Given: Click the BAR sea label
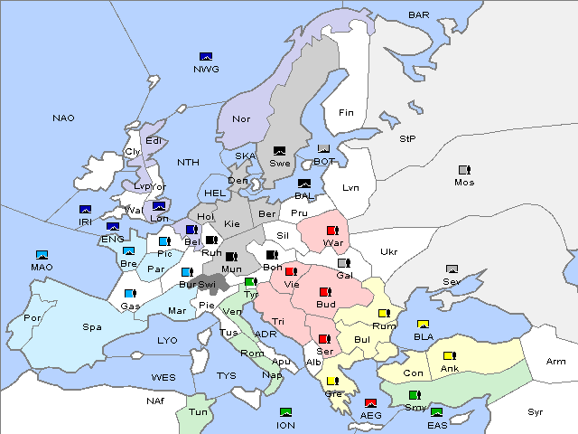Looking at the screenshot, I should (419, 15).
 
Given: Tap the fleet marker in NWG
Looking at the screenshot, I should (206, 57).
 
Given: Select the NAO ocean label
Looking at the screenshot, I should (63, 118).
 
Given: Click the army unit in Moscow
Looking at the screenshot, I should (464, 170).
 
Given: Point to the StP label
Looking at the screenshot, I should (407, 139).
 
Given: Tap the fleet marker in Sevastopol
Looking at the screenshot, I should (452, 269).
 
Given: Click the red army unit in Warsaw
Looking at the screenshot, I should (332, 231).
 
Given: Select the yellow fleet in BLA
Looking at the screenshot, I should (423, 325).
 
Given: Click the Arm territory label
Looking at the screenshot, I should (556, 362).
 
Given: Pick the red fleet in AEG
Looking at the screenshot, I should (370, 403).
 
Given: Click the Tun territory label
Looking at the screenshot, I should (198, 411).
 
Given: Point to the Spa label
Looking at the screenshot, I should (91, 326).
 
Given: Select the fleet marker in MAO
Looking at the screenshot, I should (42, 255).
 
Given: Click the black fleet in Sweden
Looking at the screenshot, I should (280, 151).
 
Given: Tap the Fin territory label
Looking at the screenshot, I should (345, 113).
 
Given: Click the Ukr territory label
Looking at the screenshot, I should (388, 252).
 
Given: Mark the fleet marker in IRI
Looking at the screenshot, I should (85, 210).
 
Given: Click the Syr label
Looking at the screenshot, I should (536, 411).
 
